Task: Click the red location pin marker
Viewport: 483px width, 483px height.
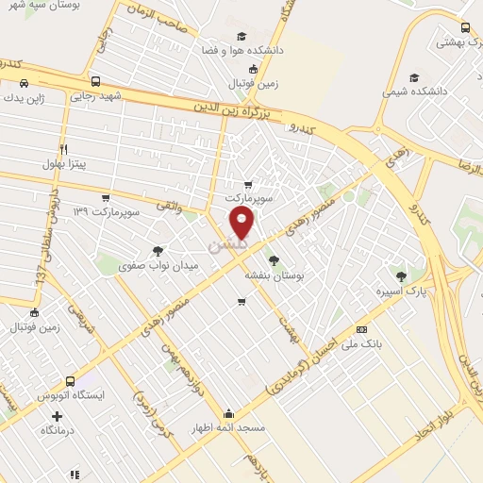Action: (242, 224)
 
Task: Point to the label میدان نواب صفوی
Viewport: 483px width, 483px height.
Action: (157, 266)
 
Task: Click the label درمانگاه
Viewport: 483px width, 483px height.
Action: (58, 430)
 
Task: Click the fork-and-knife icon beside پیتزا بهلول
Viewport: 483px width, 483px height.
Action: (64, 149)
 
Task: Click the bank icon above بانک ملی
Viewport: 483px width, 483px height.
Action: (362, 330)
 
